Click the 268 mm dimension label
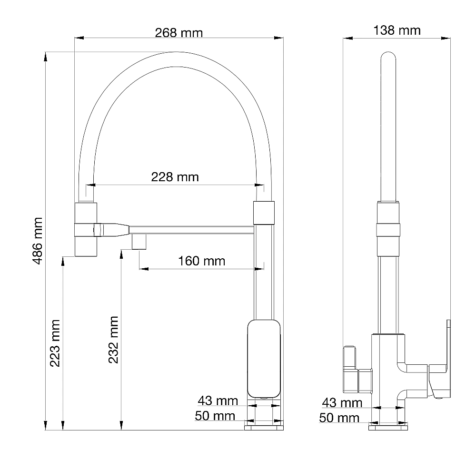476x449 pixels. [x=179, y=33]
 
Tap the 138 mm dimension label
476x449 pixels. [x=397, y=30]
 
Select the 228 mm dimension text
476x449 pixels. [x=175, y=177]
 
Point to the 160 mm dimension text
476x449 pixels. [x=201, y=261]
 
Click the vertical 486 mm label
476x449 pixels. [x=37, y=241]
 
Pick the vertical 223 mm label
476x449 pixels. [x=55, y=343]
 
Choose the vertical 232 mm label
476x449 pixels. [x=113, y=340]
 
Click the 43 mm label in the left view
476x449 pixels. [x=218, y=401]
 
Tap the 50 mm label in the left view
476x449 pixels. [x=215, y=416]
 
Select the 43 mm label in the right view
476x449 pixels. [x=342, y=403]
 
